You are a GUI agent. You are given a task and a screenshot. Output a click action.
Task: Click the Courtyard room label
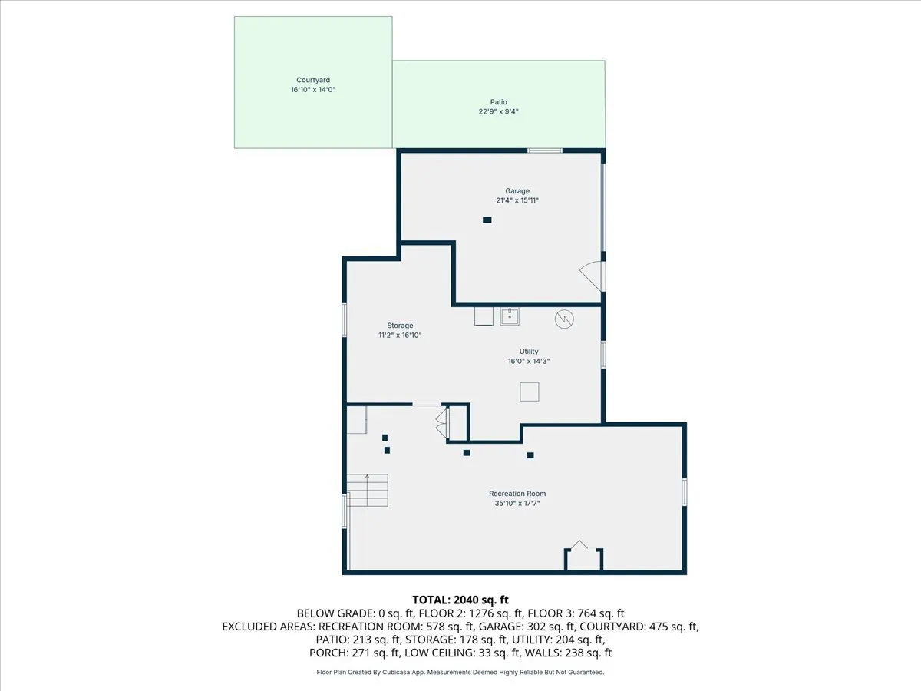click(x=313, y=80)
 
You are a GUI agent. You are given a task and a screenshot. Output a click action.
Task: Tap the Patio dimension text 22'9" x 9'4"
click(x=498, y=111)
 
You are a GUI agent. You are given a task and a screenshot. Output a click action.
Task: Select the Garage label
click(x=517, y=191)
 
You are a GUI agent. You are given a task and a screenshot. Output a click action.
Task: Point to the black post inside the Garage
click(x=487, y=220)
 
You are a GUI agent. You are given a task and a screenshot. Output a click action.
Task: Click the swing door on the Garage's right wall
click(x=592, y=273)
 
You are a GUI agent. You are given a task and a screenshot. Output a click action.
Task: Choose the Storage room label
click(x=400, y=326)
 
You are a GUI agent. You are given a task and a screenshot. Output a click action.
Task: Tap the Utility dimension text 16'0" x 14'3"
click(x=528, y=362)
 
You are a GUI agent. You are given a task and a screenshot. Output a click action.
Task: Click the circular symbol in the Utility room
click(x=564, y=318)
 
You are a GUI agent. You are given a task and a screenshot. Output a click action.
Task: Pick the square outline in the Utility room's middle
click(x=530, y=392)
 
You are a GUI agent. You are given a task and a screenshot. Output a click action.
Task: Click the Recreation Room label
click(x=517, y=494)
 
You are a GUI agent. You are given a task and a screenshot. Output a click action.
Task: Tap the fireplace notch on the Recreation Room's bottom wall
click(x=583, y=557)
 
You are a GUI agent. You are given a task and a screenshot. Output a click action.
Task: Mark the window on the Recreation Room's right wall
click(x=684, y=491)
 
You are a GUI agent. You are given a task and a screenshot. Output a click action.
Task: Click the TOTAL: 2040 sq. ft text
click(x=460, y=599)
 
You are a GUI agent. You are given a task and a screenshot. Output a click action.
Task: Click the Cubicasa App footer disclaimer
click(x=460, y=673)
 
